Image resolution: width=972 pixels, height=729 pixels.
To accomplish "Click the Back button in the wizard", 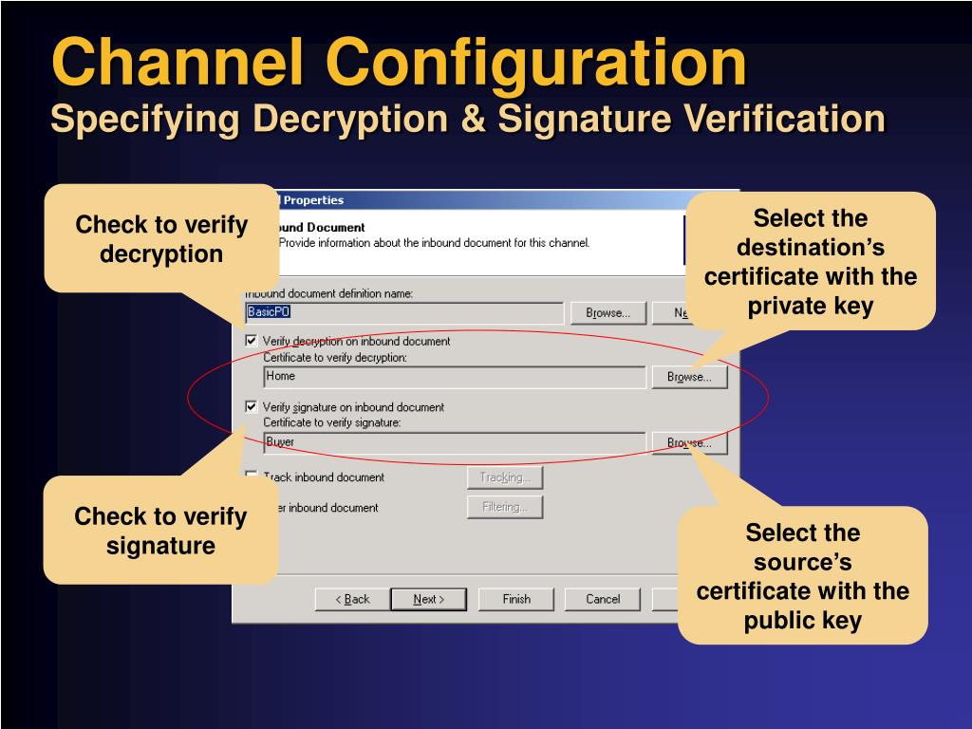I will [352, 599].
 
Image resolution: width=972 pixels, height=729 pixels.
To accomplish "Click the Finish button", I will [516, 599].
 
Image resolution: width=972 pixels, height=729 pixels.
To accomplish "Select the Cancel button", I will [602, 599].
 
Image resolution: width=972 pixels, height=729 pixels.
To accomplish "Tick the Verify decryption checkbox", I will [252, 341].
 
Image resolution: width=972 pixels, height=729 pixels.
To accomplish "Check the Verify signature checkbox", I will [252, 407].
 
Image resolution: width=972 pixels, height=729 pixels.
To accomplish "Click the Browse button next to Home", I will [689, 377].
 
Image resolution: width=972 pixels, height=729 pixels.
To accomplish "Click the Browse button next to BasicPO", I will [607, 312].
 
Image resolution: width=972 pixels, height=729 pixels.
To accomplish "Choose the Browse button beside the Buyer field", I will [689, 442].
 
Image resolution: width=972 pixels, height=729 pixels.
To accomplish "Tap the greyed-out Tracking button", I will [504, 477].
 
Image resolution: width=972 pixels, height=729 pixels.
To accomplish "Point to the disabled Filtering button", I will [504, 507].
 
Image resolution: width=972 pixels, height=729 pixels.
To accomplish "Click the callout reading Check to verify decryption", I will [161, 239].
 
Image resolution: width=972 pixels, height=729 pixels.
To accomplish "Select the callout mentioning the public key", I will [803, 576].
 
